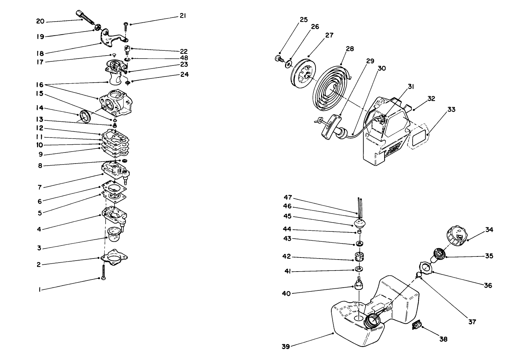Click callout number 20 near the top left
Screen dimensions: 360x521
40,21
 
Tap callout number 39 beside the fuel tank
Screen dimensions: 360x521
286,347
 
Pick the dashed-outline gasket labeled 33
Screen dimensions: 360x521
417,138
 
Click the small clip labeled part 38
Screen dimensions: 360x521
416,325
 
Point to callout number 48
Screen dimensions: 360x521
184,58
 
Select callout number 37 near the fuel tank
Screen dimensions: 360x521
472,322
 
